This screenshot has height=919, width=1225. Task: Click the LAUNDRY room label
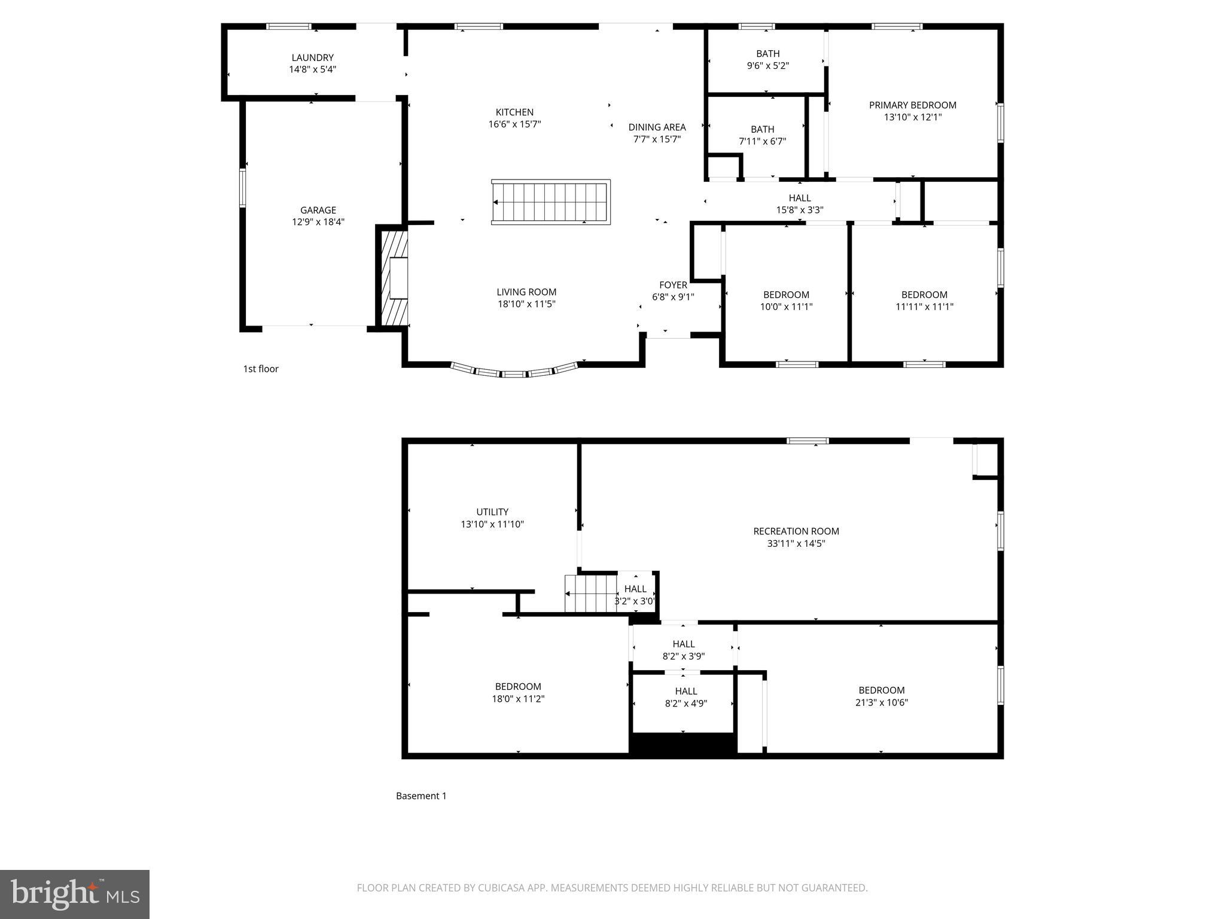coord(312,57)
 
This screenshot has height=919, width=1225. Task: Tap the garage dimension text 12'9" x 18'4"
coord(318,222)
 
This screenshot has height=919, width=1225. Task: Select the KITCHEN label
coord(514,112)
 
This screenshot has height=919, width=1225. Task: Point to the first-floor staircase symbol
coord(551,202)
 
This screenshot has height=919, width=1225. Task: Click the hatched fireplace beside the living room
coord(394,278)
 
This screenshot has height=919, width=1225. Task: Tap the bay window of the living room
coord(514,372)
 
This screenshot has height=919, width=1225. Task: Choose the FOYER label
coord(673,285)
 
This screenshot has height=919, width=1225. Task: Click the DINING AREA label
coord(657,127)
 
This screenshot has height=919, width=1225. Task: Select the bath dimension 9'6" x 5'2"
coord(767,66)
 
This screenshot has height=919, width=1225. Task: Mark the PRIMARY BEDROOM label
coord(912,105)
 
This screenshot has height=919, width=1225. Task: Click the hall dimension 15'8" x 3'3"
coord(800,210)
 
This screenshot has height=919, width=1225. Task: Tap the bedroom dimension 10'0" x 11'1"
coord(786,307)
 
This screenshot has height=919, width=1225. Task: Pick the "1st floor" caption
coord(261,369)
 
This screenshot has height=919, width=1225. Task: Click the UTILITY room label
coord(492,512)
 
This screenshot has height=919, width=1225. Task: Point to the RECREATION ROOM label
coord(796,531)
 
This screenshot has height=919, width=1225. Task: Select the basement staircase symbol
coord(590,594)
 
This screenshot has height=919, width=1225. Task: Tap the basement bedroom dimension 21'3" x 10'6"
coord(881,702)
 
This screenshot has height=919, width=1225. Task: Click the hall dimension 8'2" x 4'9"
coord(685,704)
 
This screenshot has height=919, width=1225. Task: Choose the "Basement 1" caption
coord(421,796)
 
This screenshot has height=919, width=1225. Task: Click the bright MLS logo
coord(75,894)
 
